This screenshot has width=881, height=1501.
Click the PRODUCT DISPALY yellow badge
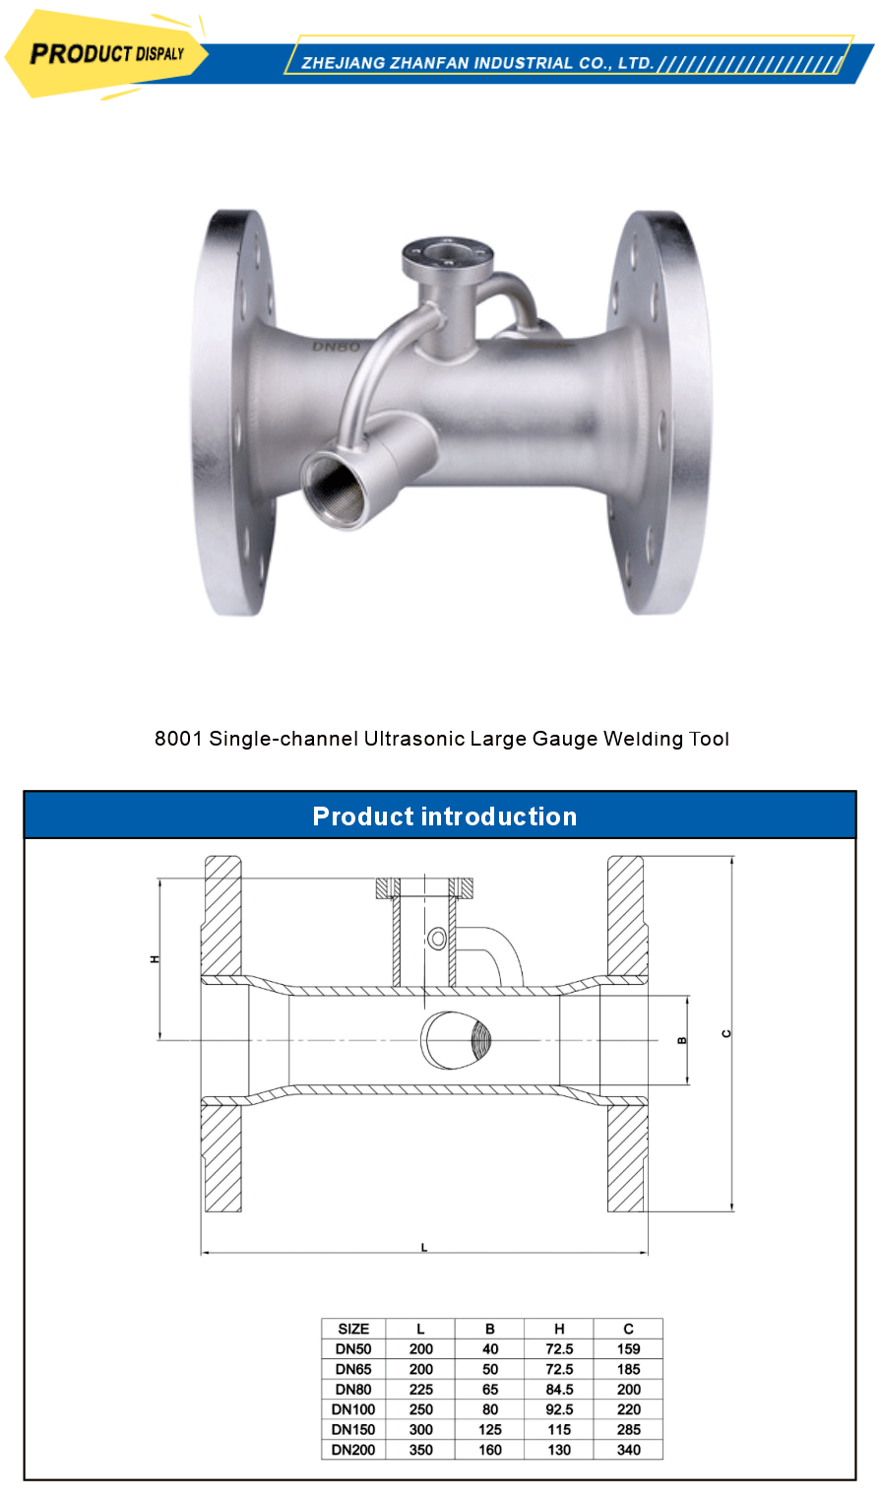tap(106, 54)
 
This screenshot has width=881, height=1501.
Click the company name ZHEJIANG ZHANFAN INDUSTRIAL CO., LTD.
tap(477, 63)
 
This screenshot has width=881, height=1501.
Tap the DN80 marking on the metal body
tap(336, 347)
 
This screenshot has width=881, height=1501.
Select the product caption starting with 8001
tap(441, 739)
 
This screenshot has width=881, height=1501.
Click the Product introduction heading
tap(444, 816)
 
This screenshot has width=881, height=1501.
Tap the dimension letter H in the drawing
tap(155, 958)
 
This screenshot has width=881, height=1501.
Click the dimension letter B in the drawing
tap(683, 1040)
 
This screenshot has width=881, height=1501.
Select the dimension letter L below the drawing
tap(424, 1247)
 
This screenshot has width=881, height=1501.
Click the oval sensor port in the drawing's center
tap(457, 1039)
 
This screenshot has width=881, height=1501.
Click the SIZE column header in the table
tap(353, 1329)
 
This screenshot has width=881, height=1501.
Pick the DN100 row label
tap(353, 1409)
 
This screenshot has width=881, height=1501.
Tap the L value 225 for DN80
tap(420, 1390)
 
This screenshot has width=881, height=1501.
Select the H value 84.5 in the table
tap(559, 1390)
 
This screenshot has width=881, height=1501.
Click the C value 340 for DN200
tap(628, 1450)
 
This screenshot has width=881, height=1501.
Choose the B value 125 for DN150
tap(490, 1429)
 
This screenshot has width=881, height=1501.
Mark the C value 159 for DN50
tap(628, 1349)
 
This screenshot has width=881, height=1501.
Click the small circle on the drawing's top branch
tap(437, 939)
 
